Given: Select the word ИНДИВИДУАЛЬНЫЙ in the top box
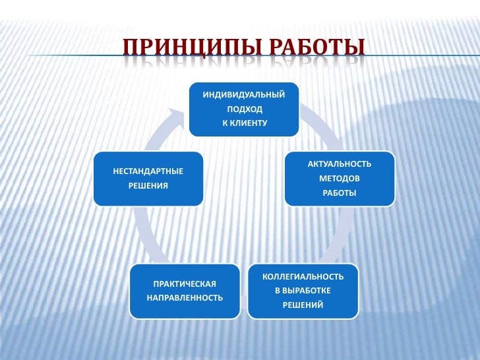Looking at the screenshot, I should [244, 94].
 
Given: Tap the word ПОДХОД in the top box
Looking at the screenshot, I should [244, 109].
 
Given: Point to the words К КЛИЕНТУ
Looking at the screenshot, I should [244, 123].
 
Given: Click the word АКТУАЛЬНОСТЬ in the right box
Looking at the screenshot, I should [340, 164].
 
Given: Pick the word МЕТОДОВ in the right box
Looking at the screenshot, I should [340, 179].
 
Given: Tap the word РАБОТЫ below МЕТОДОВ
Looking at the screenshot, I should [340, 193].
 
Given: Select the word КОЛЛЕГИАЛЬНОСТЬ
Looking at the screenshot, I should [303, 276].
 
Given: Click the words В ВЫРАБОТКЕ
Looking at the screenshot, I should [303, 290].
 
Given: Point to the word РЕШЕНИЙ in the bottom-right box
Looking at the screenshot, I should [303, 305].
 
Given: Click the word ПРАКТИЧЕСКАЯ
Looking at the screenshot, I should [185, 284].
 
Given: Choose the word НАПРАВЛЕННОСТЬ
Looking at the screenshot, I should [185, 298].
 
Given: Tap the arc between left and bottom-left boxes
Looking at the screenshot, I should [144, 234].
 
